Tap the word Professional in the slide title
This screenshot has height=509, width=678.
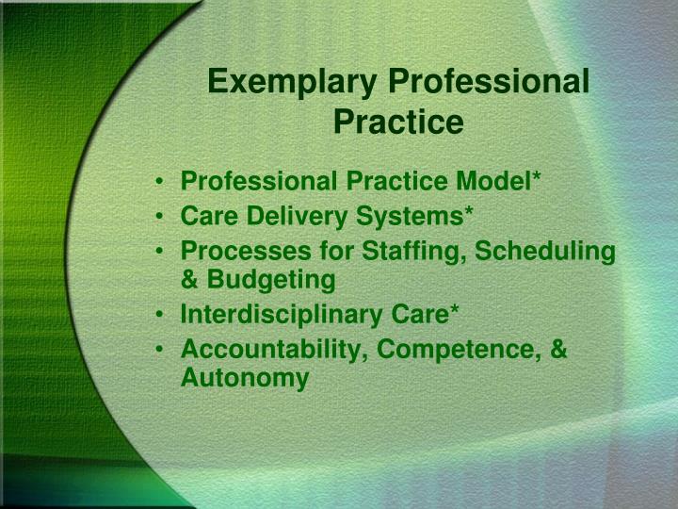pos(490,82)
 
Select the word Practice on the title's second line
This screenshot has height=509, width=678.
pos(398,123)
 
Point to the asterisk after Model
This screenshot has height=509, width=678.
pos(536,175)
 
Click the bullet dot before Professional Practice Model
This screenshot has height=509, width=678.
pos(165,180)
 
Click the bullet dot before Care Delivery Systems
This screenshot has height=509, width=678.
pos(165,216)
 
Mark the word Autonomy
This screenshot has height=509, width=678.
pos(244,378)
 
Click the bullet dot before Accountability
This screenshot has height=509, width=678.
pos(165,351)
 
